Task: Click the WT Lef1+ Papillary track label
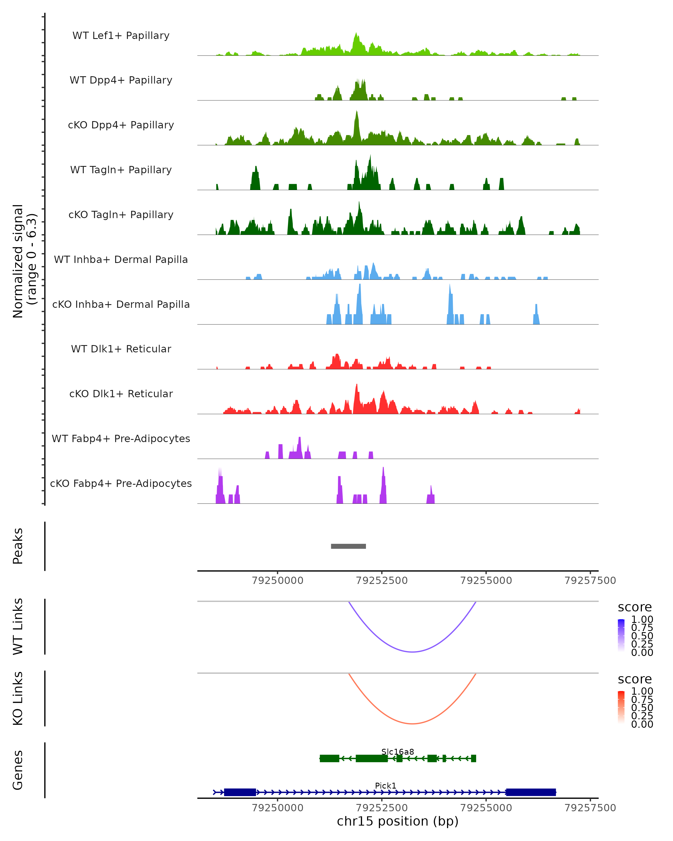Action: point(121,36)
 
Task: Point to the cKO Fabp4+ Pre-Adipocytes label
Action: point(121,483)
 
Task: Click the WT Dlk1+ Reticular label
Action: point(121,349)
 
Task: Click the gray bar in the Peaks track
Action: point(348,546)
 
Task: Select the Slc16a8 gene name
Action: point(398,752)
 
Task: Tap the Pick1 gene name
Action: point(386,785)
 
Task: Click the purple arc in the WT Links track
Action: point(412,652)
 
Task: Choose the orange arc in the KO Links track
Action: point(412,724)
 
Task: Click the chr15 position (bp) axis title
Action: point(398,821)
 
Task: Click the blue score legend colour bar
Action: point(621,636)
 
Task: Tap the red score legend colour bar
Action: point(621,707)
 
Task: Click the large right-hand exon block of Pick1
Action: point(531,792)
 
